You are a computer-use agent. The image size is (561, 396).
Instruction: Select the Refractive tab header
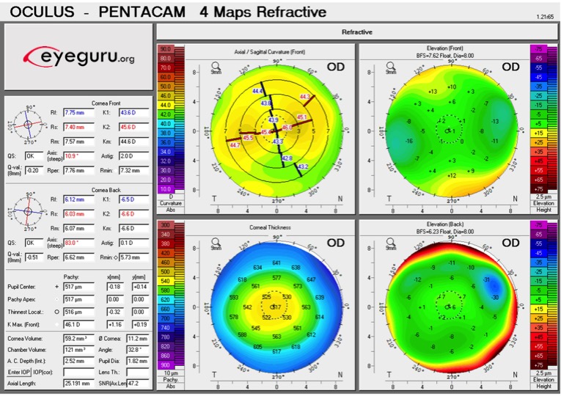click(x=357, y=32)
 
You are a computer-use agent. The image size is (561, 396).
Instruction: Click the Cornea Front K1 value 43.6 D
click(x=133, y=112)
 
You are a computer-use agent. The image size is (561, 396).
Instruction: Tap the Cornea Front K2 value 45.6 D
click(x=133, y=127)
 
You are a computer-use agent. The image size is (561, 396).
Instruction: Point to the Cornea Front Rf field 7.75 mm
click(x=75, y=112)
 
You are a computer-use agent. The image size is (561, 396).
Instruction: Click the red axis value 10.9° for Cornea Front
click(x=75, y=156)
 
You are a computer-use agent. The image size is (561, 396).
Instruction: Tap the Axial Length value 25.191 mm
click(x=76, y=384)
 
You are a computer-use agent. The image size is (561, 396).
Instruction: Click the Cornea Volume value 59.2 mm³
click(x=75, y=339)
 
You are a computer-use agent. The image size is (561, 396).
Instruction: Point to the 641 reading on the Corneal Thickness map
click(x=276, y=263)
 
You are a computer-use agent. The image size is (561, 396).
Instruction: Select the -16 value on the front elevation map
click(x=410, y=141)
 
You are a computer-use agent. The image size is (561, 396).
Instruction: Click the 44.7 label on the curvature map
click(x=235, y=146)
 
